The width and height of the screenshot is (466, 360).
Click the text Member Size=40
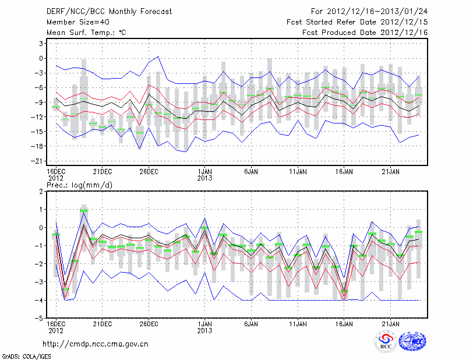[75, 22]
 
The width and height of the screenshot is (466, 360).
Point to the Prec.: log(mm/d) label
[79, 185]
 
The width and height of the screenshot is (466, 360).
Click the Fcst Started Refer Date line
[358, 22]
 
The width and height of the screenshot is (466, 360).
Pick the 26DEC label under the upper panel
[149, 171]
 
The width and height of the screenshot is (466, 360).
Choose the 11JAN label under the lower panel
[298, 323]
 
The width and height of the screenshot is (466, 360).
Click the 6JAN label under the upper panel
[252, 171]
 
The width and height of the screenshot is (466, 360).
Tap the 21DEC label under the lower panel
[103, 323]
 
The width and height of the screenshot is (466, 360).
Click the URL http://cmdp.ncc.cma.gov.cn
[96, 344]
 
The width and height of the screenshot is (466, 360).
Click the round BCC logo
[385, 342]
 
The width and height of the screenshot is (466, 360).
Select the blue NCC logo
[413, 342]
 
